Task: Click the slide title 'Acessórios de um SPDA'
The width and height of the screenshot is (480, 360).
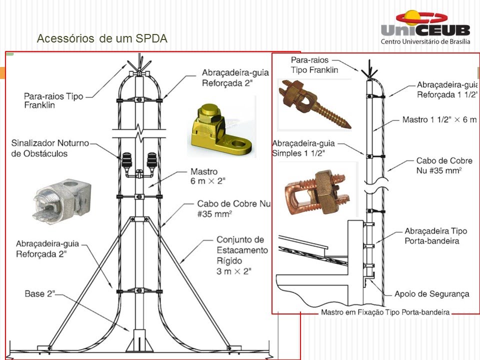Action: point(102,38)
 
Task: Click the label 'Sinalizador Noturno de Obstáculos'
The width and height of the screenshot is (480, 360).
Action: point(49,148)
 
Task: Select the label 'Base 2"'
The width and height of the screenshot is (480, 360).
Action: point(39,293)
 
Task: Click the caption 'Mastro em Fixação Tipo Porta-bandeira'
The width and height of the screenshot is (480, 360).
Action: point(385,312)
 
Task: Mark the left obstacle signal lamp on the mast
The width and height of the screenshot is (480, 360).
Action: point(127,161)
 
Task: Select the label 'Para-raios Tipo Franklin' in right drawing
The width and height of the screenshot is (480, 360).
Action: point(315,65)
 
